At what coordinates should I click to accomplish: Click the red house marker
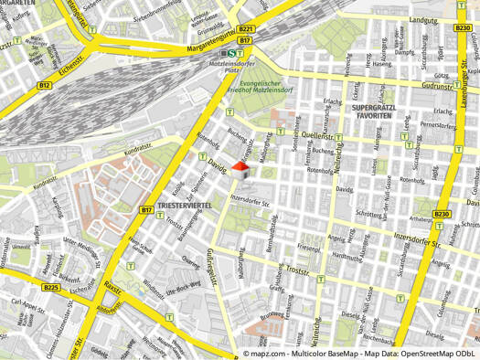point(240,169)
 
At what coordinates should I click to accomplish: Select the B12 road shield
point(44,85)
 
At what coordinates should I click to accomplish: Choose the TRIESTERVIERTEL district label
point(185,206)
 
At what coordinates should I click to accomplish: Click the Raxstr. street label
point(112,290)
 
